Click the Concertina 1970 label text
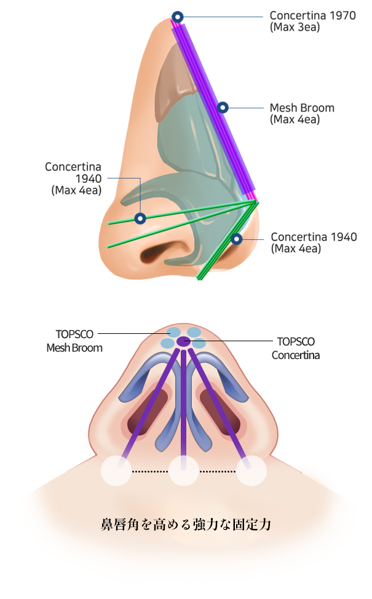[312, 16]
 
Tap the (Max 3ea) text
[295, 28]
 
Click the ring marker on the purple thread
[223, 107]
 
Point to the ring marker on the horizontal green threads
[140, 218]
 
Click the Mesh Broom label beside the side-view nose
[302, 108]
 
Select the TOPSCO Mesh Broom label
[74, 341]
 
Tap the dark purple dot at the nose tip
[183, 341]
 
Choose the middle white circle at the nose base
[183, 471]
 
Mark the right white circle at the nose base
[251, 471]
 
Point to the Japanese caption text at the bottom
[186, 525]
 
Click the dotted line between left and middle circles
[149, 471]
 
